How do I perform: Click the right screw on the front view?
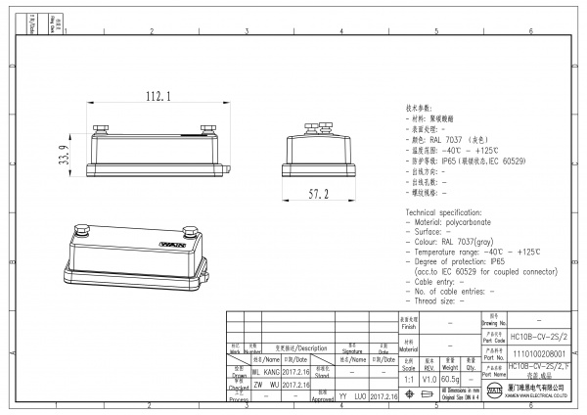pyautogui.click(x=206, y=127)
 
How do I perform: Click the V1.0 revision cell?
pyautogui.click(x=429, y=377)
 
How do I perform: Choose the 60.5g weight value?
pyautogui.click(x=450, y=377)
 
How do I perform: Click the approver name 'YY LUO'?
pyautogui.click(x=351, y=398)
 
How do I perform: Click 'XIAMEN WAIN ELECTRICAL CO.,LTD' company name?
pyautogui.click(x=543, y=398)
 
